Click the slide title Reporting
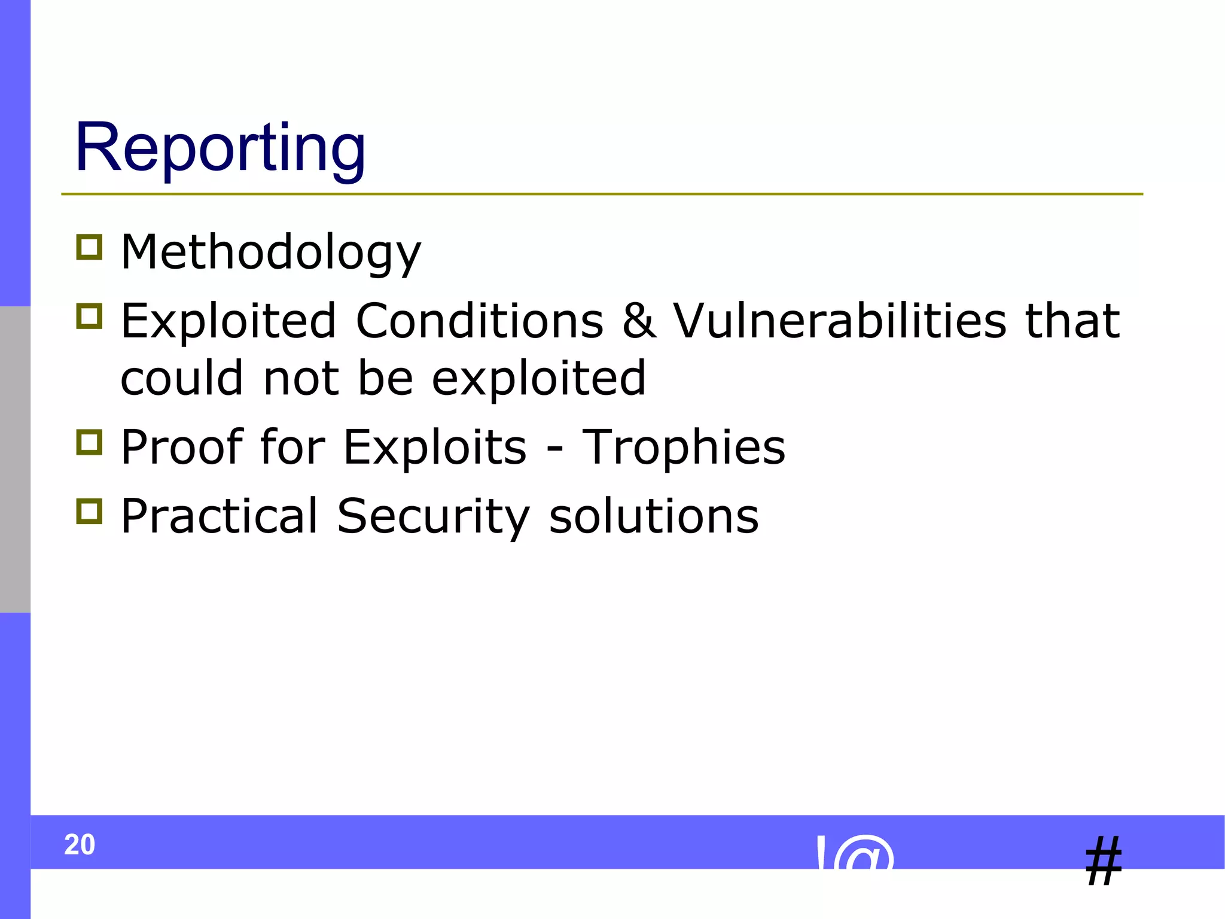pos(220,148)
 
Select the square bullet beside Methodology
pos(90,247)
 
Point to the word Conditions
pos(479,321)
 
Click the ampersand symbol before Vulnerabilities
pos(639,321)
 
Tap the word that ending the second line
pos(1072,321)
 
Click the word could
pos(182,378)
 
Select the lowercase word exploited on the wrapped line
pos(538,379)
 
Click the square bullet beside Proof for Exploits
pos(90,442)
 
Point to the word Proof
pos(182,448)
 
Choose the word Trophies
pos(683,448)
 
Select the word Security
pos(433,516)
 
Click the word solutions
pos(653,516)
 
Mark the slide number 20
pos(80,845)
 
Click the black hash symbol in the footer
pos(1104,862)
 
